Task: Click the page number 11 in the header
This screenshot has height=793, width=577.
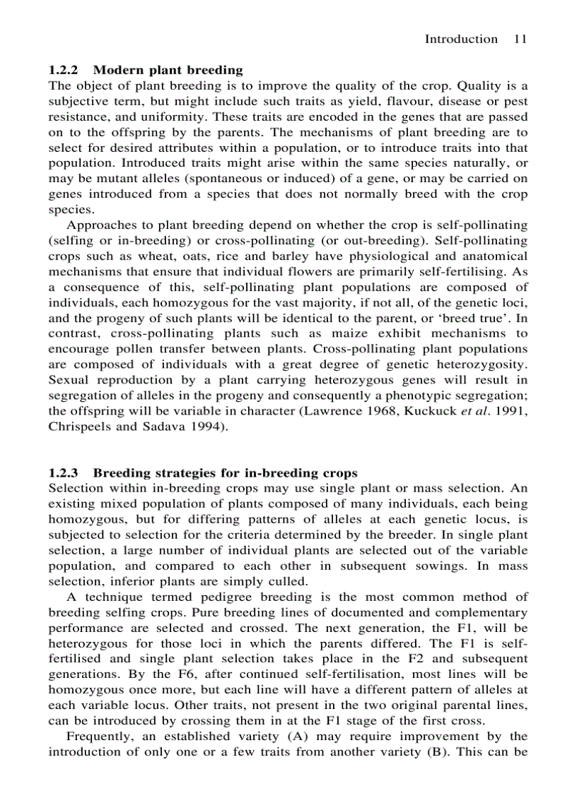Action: click(520, 40)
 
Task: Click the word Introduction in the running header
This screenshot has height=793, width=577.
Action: click(460, 40)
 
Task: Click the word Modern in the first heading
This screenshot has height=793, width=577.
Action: click(116, 70)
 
